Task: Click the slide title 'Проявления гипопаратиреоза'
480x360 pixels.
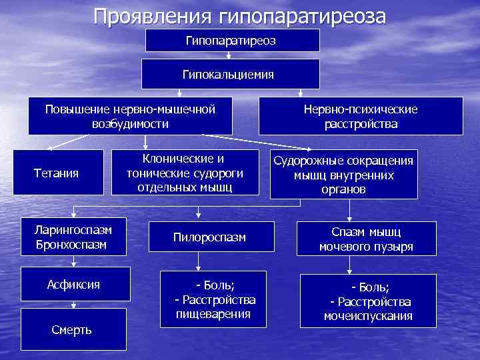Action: [239, 15]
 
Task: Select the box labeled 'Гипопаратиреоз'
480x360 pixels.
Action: [232, 41]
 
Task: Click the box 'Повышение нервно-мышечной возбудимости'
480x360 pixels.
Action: [130, 115]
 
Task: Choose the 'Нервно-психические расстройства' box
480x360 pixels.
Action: [361, 115]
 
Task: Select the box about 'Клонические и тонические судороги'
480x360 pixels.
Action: [185, 173]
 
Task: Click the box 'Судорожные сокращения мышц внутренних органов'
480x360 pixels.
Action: [344, 175]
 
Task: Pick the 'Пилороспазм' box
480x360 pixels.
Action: [209, 237]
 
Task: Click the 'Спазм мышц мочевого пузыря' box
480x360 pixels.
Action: [366, 239]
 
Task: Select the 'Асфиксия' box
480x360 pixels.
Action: [73, 285]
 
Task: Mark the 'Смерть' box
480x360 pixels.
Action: [73, 331]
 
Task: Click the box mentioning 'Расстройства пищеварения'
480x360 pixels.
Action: [213, 299]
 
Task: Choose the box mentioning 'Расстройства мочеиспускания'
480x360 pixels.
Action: [368, 301]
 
